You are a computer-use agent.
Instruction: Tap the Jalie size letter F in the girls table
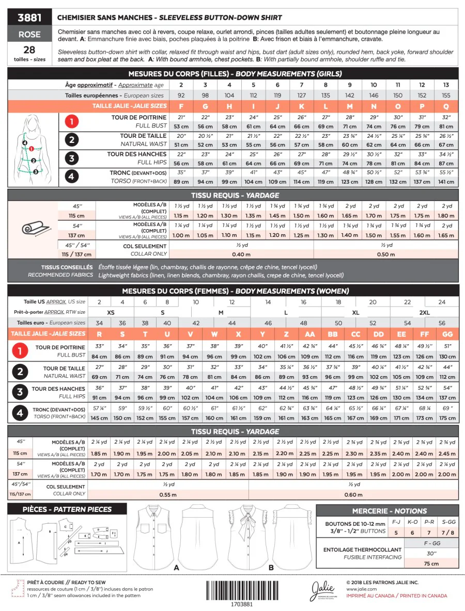pyautogui.click(x=181, y=106)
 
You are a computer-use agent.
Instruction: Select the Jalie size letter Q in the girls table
pyautogui.click(x=446, y=106)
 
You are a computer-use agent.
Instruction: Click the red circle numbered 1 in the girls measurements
pyautogui.click(x=72, y=122)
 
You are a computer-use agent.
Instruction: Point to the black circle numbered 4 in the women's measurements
pyautogui.click(x=20, y=413)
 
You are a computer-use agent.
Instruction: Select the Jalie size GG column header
pyautogui.click(x=447, y=334)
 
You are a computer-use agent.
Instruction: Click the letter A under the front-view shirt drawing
pyautogui.click(x=177, y=567)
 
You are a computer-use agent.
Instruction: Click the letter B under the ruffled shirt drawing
pyautogui.click(x=271, y=567)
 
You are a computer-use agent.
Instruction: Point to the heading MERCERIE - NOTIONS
pyautogui.click(x=390, y=511)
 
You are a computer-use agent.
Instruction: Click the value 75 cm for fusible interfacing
pyautogui.click(x=431, y=564)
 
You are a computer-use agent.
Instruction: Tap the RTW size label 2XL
pyautogui.click(x=424, y=313)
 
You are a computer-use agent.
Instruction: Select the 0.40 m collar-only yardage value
pyautogui.click(x=241, y=254)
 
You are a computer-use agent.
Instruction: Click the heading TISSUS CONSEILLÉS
pyautogui.click(x=67, y=267)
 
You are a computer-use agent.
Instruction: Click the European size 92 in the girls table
pyautogui.click(x=181, y=95)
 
